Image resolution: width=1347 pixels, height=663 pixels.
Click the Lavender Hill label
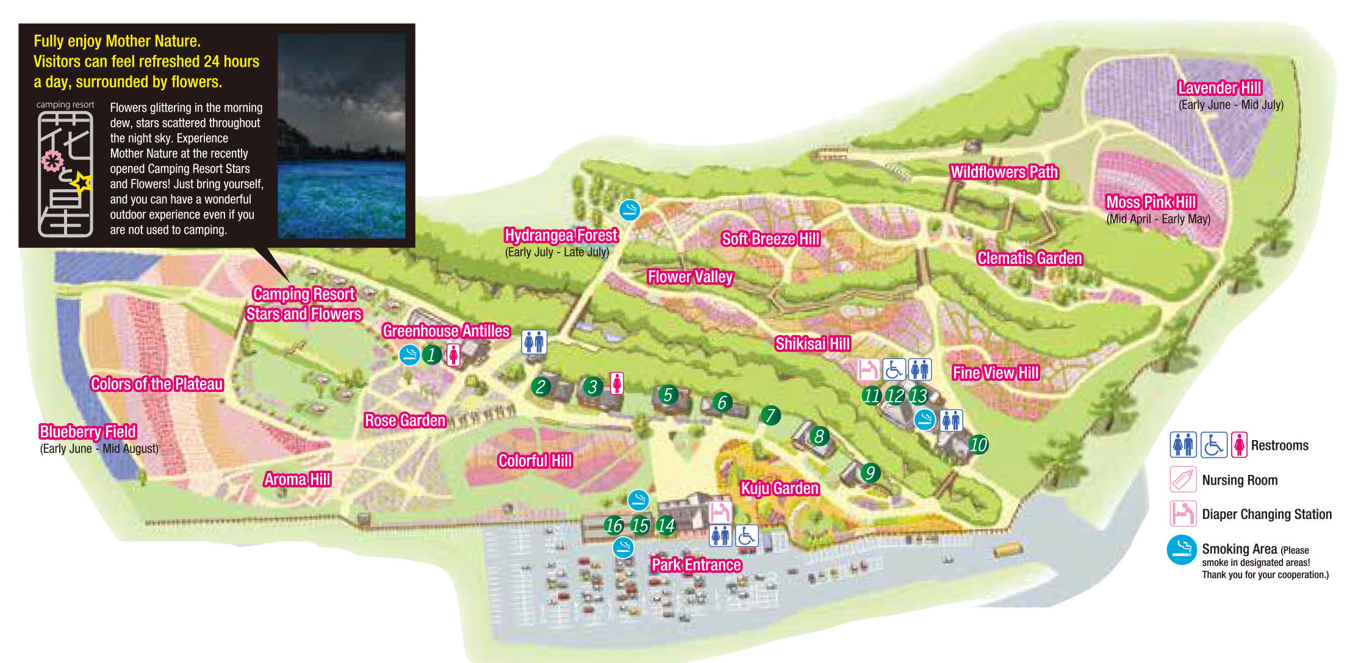(1219, 88)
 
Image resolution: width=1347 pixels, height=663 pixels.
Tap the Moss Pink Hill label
(1151, 202)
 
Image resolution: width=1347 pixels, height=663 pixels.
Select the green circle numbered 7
(770, 416)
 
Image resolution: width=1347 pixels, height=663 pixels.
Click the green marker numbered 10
(978, 444)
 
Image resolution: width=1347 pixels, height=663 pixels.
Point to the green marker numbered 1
(431, 355)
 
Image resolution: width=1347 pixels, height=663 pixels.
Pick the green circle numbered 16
(614, 525)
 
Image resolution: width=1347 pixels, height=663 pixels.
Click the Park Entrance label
(696, 565)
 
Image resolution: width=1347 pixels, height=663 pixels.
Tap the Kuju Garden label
(779, 488)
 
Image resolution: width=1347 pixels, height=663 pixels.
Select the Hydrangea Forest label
(561, 236)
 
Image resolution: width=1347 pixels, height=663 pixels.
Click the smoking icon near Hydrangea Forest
(630, 210)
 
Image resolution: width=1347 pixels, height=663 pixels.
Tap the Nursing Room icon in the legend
(1182, 479)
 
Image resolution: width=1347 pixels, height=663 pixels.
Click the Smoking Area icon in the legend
(1182, 549)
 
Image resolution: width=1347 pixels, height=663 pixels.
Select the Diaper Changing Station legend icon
(1182, 513)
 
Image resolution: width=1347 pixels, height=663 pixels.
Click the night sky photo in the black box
(341, 136)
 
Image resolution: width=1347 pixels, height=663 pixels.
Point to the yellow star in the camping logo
(81, 182)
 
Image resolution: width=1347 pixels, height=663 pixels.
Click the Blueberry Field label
(88, 432)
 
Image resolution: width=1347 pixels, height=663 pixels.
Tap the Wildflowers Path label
(1004, 172)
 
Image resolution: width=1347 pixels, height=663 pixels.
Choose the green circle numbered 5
(668, 395)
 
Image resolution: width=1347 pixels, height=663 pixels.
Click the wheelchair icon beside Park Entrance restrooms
(746, 536)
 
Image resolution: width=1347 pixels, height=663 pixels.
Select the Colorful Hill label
(534, 461)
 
